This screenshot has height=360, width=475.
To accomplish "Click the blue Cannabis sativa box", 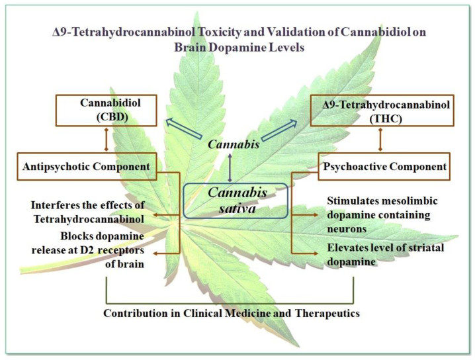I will [236, 200].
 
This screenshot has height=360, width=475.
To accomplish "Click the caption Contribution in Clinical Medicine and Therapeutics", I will [232, 313].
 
